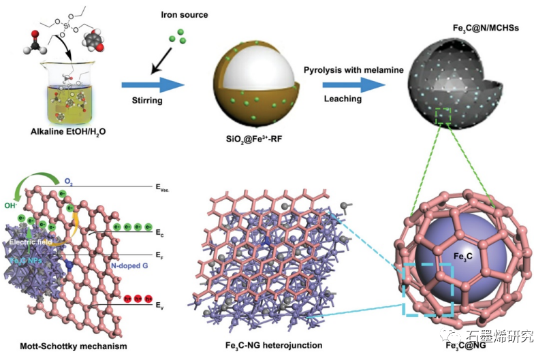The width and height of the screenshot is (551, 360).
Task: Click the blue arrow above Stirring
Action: (x=153, y=84)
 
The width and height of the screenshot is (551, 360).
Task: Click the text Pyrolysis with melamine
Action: (x=353, y=70)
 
